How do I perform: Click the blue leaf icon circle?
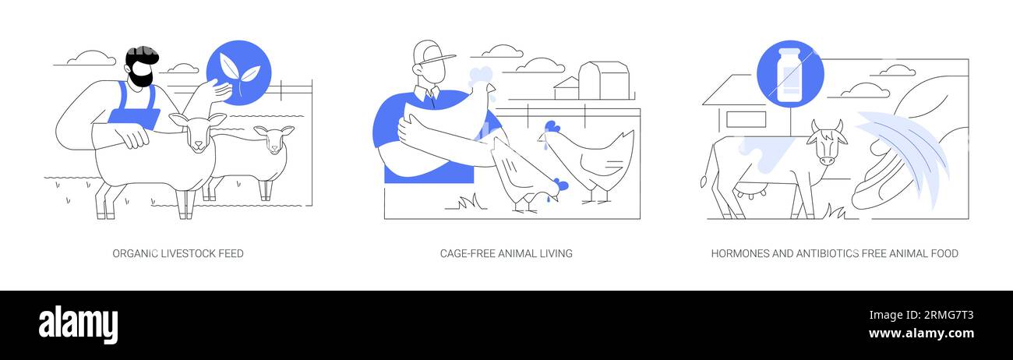point(238,71)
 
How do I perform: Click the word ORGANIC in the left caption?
point(135,253)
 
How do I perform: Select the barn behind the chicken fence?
point(602,80)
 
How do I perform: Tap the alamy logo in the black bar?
point(78,324)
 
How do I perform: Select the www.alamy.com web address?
point(921,334)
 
